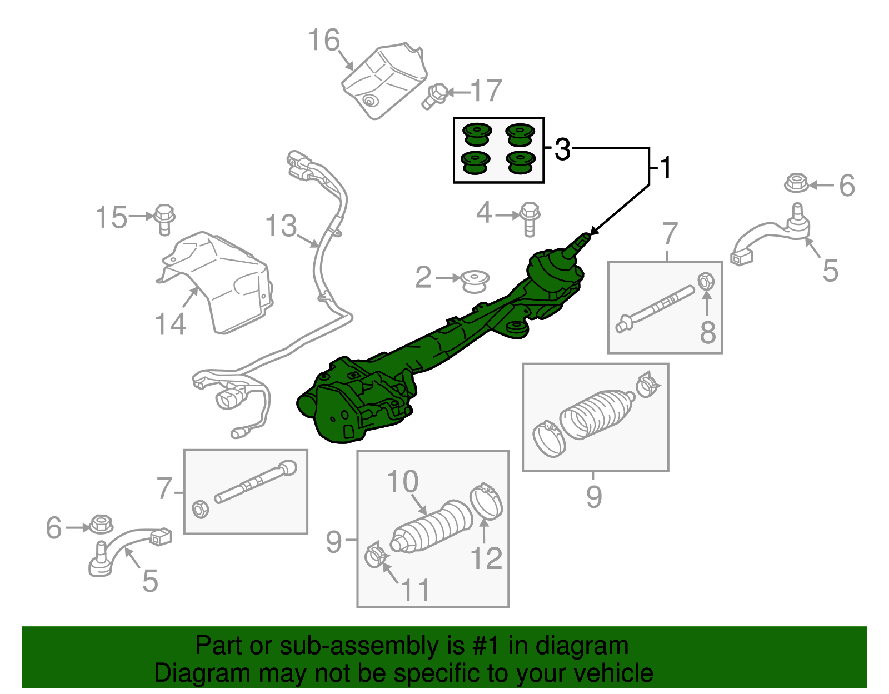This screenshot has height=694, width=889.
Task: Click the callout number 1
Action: [665, 167]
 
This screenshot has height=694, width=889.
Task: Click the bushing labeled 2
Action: [475, 281]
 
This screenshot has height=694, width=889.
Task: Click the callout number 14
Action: [170, 324]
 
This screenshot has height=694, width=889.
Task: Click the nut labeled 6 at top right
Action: [796, 183]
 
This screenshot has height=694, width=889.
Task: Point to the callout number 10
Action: [402, 481]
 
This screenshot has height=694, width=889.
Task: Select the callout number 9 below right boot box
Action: [593, 496]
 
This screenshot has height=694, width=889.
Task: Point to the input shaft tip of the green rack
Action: [585, 237]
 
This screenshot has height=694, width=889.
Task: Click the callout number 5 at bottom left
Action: [150, 581]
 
